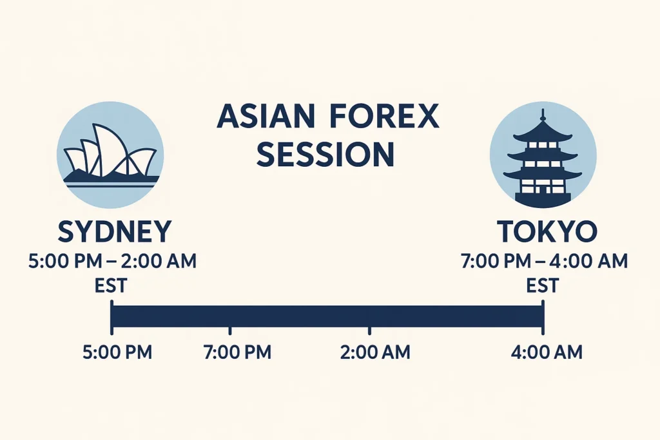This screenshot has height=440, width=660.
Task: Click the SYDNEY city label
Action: point(114,231)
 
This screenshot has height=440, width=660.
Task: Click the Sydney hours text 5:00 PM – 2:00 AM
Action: point(113,262)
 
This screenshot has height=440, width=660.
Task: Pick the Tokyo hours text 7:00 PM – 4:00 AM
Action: point(544,262)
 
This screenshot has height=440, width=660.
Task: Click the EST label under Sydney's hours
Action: point(110,285)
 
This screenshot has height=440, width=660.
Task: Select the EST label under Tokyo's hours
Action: point(542,285)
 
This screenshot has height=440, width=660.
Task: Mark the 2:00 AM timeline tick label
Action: point(374,352)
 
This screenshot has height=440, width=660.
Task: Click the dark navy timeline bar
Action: point(327,316)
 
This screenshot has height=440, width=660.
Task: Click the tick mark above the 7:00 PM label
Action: point(230,331)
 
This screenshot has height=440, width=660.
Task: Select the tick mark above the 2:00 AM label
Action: point(369,331)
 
